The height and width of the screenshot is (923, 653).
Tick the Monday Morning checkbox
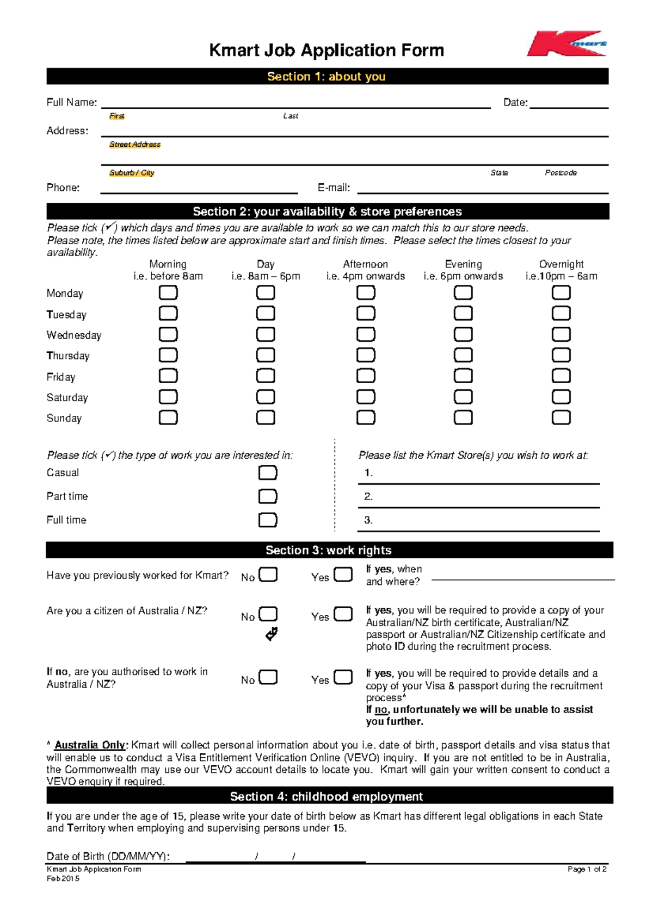(168, 292)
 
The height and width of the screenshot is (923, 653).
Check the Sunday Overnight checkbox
(561, 417)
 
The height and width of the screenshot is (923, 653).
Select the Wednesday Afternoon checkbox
(366, 334)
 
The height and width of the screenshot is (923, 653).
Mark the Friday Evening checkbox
(463, 376)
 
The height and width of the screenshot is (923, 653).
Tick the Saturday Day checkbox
(266, 397)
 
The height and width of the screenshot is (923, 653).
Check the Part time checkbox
(268, 496)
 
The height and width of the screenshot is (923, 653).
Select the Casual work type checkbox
(268, 472)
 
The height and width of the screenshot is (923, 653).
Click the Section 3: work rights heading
(329, 550)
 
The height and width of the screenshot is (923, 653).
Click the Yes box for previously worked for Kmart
(343, 575)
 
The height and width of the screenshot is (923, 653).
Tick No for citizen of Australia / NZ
(268, 614)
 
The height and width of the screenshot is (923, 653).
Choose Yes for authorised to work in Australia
(343, 677)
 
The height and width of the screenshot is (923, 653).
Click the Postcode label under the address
(560, 173)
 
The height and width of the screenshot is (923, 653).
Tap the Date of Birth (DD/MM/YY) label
(108, 856)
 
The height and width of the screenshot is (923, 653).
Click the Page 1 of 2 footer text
(587, 869)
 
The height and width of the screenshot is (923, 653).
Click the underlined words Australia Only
(90, 745)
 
